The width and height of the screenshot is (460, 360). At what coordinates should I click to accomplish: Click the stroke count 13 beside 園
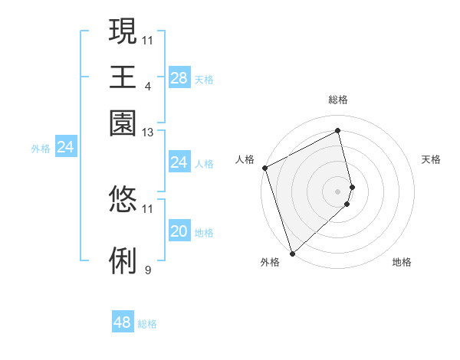point(148,133)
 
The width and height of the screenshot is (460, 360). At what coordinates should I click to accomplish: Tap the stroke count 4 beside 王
point(147,86)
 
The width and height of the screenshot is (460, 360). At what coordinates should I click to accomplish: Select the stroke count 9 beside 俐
point(148,270)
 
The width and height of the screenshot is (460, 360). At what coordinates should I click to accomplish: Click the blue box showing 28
point(179,77)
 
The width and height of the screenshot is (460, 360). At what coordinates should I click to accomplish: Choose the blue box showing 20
point(179,232)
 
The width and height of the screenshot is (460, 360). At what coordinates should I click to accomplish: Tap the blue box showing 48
point(123,322)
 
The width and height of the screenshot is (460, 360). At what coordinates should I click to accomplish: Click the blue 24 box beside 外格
point(65,147)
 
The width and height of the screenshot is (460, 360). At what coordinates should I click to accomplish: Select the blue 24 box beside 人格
point(179,162)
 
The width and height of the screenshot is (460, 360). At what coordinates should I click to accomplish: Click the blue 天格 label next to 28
point(204,79)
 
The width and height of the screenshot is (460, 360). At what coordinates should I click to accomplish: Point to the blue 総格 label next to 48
point(147,324)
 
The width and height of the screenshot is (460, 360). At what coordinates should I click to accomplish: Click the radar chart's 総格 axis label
point(338,100)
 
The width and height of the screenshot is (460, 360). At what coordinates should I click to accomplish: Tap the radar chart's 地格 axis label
point(402,262)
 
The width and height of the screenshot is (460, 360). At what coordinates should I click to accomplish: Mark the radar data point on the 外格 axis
point(292,253)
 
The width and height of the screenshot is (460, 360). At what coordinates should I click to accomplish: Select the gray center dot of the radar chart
point(338,191)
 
